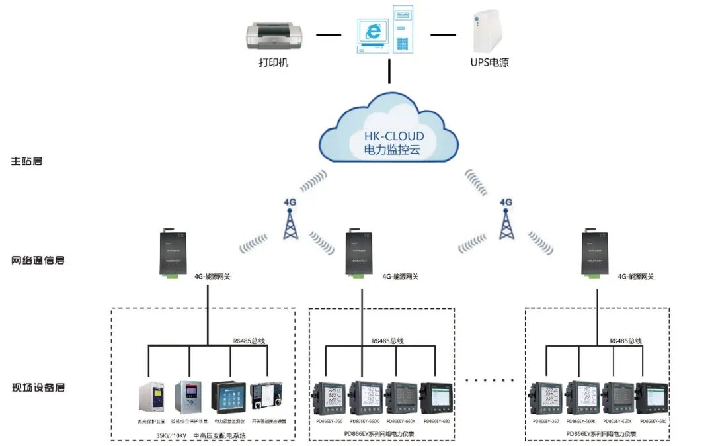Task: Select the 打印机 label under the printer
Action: (x=273, y=64)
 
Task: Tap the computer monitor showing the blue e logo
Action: (x=372, y=34)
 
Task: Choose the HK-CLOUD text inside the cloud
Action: (x=394, y=136)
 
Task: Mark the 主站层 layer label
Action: (x=27, y=161)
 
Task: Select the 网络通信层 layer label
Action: (x=38, y=260)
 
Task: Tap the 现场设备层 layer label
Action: (x=38, y=388)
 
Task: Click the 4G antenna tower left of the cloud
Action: (x=290, y=224)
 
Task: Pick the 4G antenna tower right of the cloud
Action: (x=506, y=224)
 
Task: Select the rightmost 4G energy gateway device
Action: (x=592, y=253)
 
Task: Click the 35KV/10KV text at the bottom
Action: (x=171, y=435)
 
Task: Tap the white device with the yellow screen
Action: (x=150, y=397)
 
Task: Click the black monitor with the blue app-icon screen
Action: (x=228, y=397)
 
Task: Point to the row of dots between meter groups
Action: (x=489, y=380)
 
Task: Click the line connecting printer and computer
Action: (x=328, y=34)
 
